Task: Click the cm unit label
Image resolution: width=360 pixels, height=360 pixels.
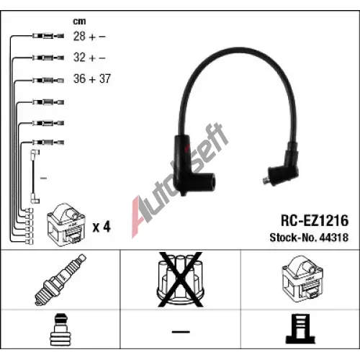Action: click(79, 22)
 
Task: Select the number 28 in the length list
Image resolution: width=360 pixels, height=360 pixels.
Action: click(79, 36)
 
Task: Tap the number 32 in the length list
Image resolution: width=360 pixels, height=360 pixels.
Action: click(79, 58)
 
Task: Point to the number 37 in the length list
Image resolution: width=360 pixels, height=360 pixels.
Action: click(105, 78)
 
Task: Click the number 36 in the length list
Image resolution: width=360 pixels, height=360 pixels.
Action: click(79, 78)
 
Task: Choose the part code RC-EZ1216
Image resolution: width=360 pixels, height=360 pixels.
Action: click(315, 220)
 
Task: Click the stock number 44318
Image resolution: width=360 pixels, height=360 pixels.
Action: click(334, 238)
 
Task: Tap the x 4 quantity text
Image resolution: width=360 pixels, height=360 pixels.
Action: click(102, 227)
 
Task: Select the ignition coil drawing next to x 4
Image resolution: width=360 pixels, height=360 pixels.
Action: click(66, 225)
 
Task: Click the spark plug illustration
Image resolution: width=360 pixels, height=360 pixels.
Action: click(60, 280)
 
